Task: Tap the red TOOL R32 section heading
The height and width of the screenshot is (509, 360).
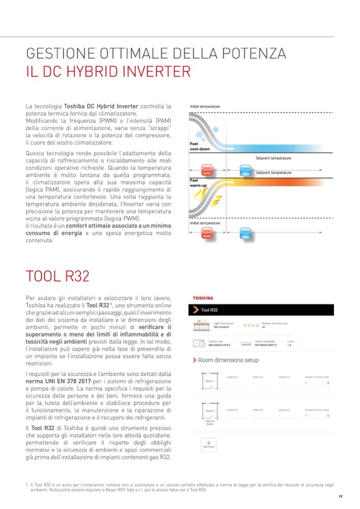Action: [x=57, y=277]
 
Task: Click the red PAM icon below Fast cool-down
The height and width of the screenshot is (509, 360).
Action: [x=208, y=169]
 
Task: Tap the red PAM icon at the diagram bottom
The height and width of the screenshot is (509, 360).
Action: [x=208, y=232]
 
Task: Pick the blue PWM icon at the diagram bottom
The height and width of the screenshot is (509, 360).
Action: [x=245, y=232]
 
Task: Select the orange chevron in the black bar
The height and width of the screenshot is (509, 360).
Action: [x=196, y=310]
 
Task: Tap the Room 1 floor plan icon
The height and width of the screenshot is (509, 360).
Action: [x=209, y=380]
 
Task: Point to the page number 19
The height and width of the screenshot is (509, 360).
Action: [x=340, y=496]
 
